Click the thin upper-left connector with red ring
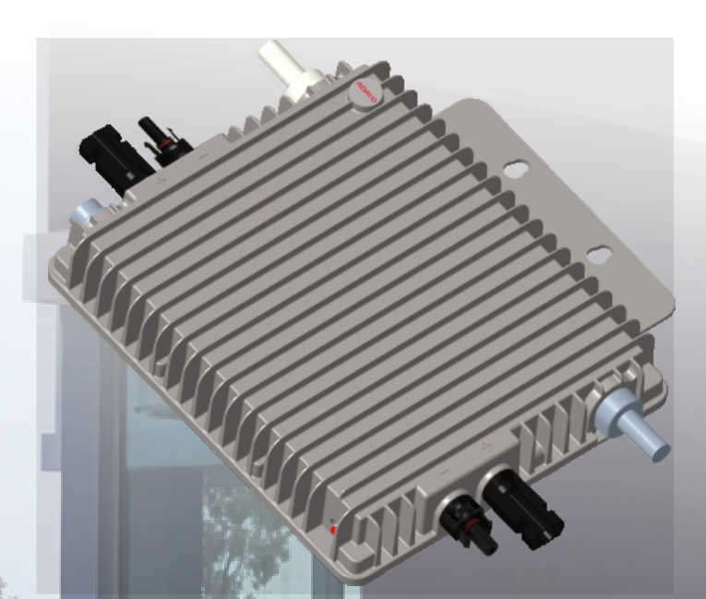tap(162, 138)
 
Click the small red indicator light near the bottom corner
tap(333, 528)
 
